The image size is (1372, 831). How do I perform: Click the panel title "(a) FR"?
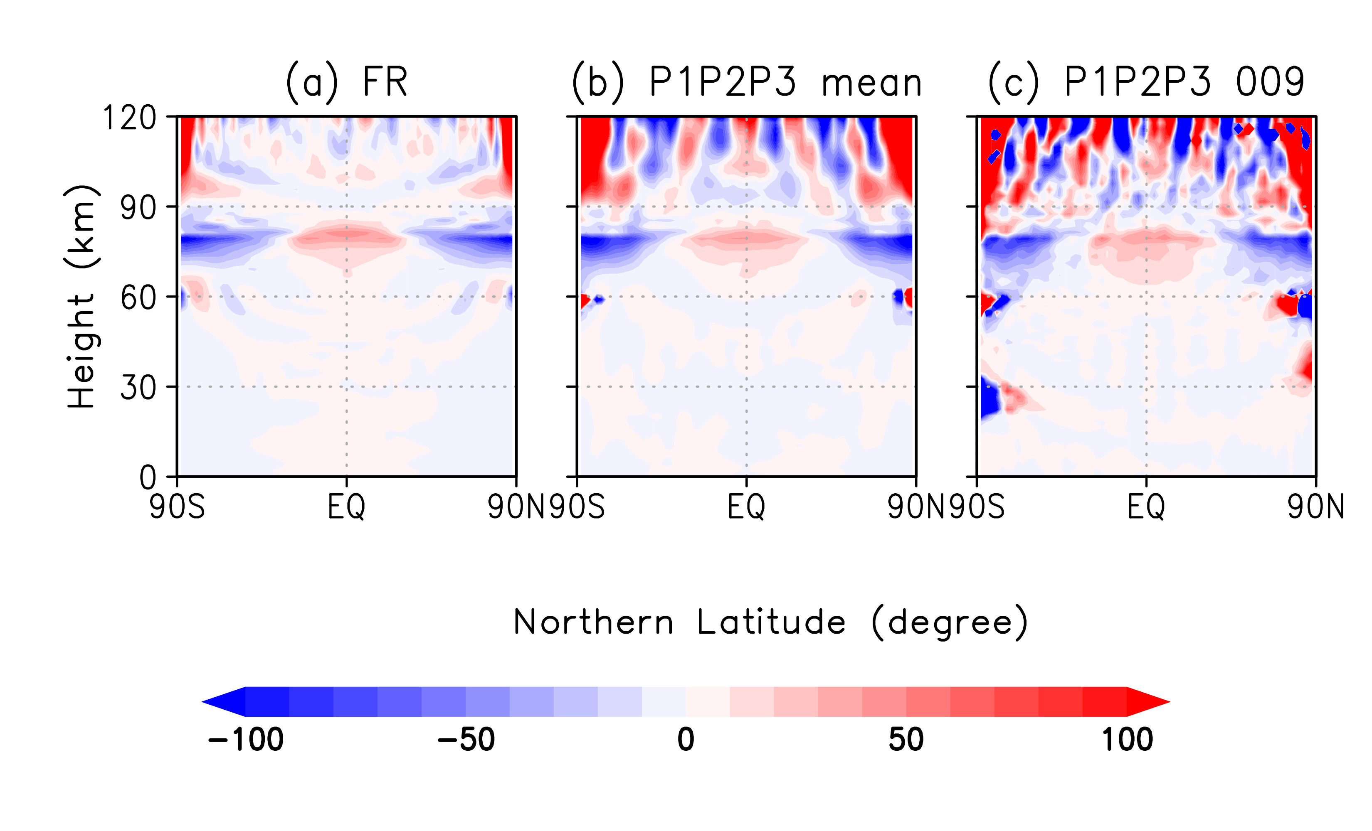[346, 82]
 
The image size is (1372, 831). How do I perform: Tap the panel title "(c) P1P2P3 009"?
[1146, 82]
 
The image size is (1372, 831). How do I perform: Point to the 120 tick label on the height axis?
[130, 118]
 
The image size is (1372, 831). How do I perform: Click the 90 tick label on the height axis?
[138, 208]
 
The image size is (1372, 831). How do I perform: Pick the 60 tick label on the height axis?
[138, 298]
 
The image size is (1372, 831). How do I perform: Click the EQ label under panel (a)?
[346, 507]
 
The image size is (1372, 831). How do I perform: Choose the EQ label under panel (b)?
[746, 507]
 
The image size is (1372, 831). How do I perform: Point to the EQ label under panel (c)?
[1146, 507]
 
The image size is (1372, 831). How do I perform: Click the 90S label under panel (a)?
[177, 507]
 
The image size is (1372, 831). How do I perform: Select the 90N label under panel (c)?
[1315, 507]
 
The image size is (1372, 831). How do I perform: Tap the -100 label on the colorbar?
[246, 740]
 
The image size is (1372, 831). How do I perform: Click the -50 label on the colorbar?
[466, 740]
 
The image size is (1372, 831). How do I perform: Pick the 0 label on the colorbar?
[686, 740]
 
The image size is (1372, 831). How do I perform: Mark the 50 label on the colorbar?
[906, 740]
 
